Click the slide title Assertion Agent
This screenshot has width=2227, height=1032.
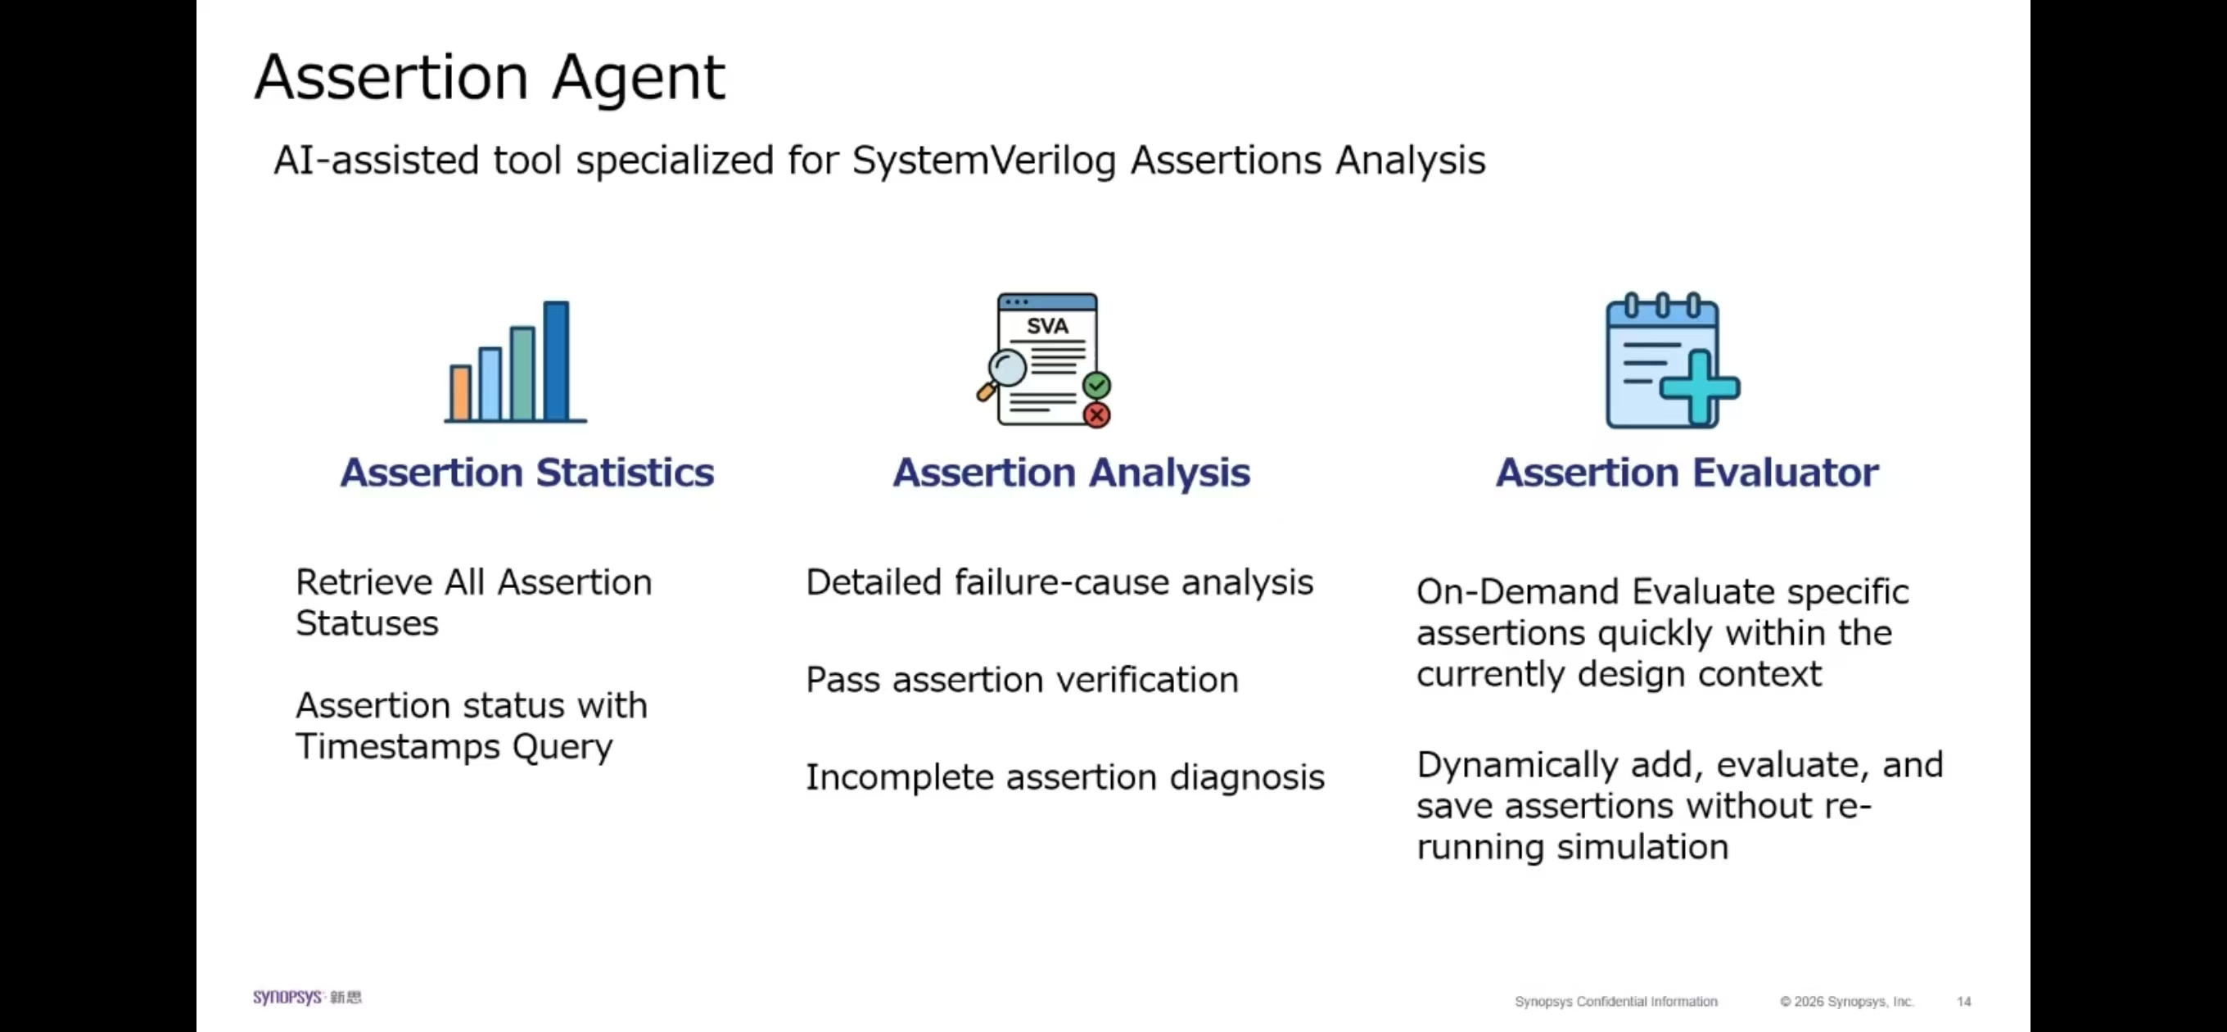pos(490,78)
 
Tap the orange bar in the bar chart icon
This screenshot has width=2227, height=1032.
pos(460,394)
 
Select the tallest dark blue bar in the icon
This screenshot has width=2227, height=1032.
pos(556,360)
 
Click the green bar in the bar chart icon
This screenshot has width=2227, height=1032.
pos(522,373)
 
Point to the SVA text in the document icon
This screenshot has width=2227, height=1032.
pos(1047,326)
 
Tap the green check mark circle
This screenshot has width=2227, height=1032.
pos(1096,384)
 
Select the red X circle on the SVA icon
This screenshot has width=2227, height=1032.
pos(1096,415)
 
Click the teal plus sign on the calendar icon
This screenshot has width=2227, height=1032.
pos(1699,388)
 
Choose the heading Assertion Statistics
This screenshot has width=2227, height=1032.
pos(527,473)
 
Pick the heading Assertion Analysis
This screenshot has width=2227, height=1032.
pos(1071,473)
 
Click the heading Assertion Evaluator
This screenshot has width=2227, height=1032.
pos(1687,473)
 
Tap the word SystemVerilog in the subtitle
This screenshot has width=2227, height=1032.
pos(983,161)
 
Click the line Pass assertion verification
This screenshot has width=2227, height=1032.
pos(1022,680)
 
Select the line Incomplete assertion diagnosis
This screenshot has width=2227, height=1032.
pos(1064,777)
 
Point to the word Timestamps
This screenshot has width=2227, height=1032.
pos(398,746)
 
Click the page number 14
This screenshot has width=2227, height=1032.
pos(1963,1002)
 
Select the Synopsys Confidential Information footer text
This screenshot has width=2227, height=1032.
pos(1615,1002)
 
